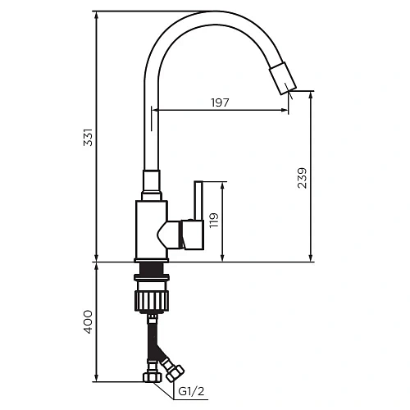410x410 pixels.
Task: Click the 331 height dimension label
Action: point(88,138)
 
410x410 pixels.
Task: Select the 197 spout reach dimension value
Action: point(220,102)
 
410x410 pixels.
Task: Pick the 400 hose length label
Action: point(88,321)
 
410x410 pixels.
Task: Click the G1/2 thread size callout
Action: point(194,391)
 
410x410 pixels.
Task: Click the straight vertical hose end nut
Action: point(152,377)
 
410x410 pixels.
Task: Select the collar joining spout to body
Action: point(151,185)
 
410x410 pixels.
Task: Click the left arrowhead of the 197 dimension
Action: point(156,110)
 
